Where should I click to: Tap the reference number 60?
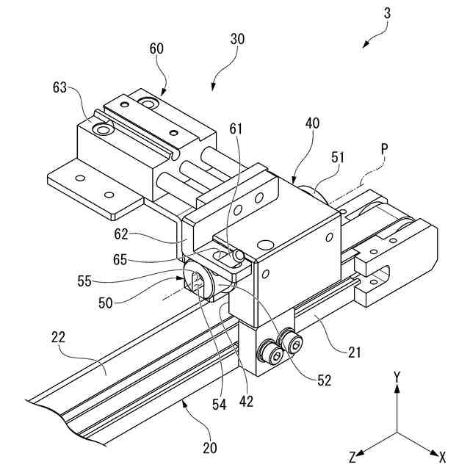156,49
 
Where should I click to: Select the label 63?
58,88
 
